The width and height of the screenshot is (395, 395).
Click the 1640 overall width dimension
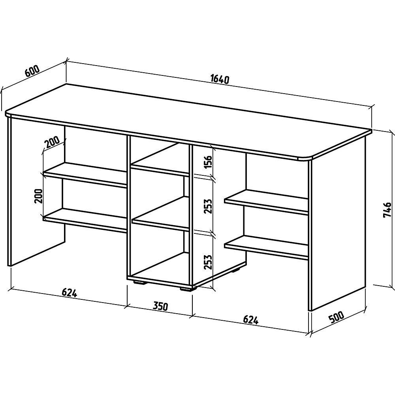point(220,79)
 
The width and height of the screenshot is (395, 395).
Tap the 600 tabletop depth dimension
point(32,71)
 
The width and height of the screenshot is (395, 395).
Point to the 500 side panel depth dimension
point(336,317)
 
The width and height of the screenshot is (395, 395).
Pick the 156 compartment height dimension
point(208,162)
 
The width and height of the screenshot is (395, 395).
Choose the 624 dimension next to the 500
point(251,320)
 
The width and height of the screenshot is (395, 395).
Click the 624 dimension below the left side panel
point(69,292)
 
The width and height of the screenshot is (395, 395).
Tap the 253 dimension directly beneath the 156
point(208,206)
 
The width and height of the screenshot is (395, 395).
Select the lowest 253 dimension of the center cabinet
point(208,262)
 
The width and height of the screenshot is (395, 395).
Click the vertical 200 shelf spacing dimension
point(39,196)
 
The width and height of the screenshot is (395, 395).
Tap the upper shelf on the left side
point(85,175)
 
